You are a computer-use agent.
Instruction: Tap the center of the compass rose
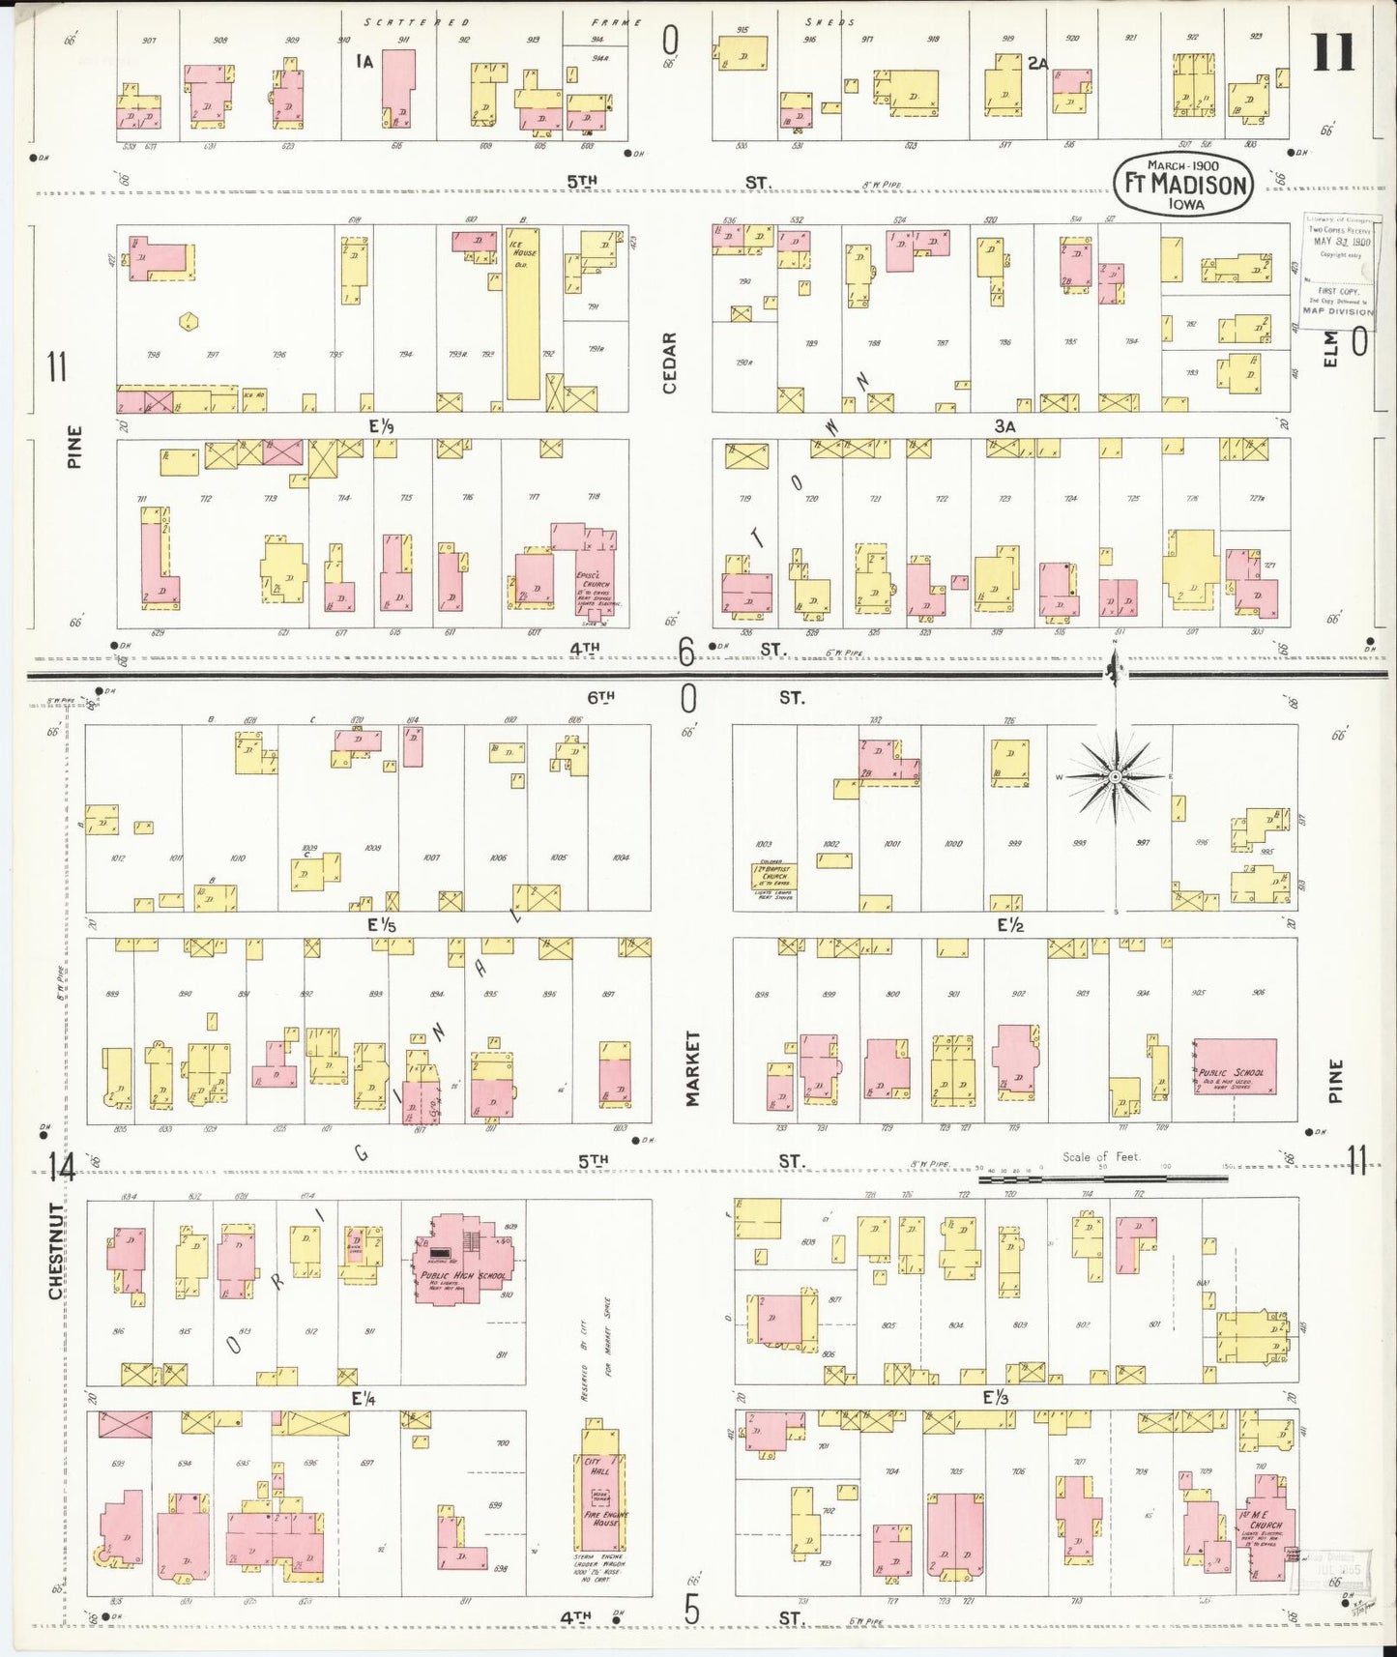click(1115, 776)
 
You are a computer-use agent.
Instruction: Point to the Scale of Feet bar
click(1102, 1179)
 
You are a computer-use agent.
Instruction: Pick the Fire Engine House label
click(603, 1520)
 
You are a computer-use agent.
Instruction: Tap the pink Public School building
click(1235, 1066)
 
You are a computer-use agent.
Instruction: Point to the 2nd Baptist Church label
click(775, 873)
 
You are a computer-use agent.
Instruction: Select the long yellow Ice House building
click(523, 314)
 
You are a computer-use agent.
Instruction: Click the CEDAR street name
click(669, 363)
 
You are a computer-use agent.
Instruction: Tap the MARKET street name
click(692, 1068)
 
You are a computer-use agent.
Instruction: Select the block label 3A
click(1004, 426)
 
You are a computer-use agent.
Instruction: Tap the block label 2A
click(1037, 64)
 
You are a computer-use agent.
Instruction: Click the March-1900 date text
click(1184, 164)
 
